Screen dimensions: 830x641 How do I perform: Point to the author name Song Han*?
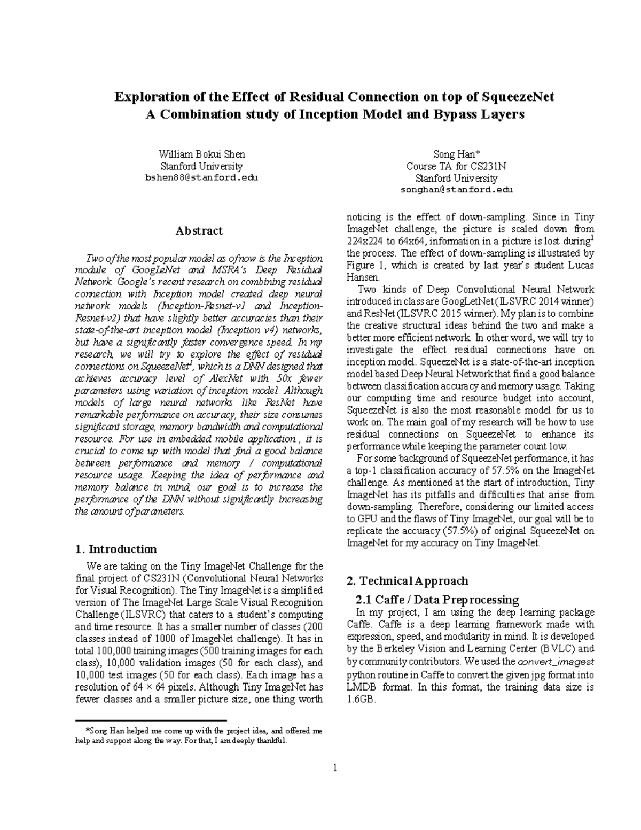(456, 154)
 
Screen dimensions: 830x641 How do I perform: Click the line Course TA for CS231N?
(456, 166)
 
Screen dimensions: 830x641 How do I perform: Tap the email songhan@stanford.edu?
(456, 190)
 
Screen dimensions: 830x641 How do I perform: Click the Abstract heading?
(199, 231)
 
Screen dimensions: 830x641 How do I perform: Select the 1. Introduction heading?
(116, 549)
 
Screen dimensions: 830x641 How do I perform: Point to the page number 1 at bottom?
(335, 769)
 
